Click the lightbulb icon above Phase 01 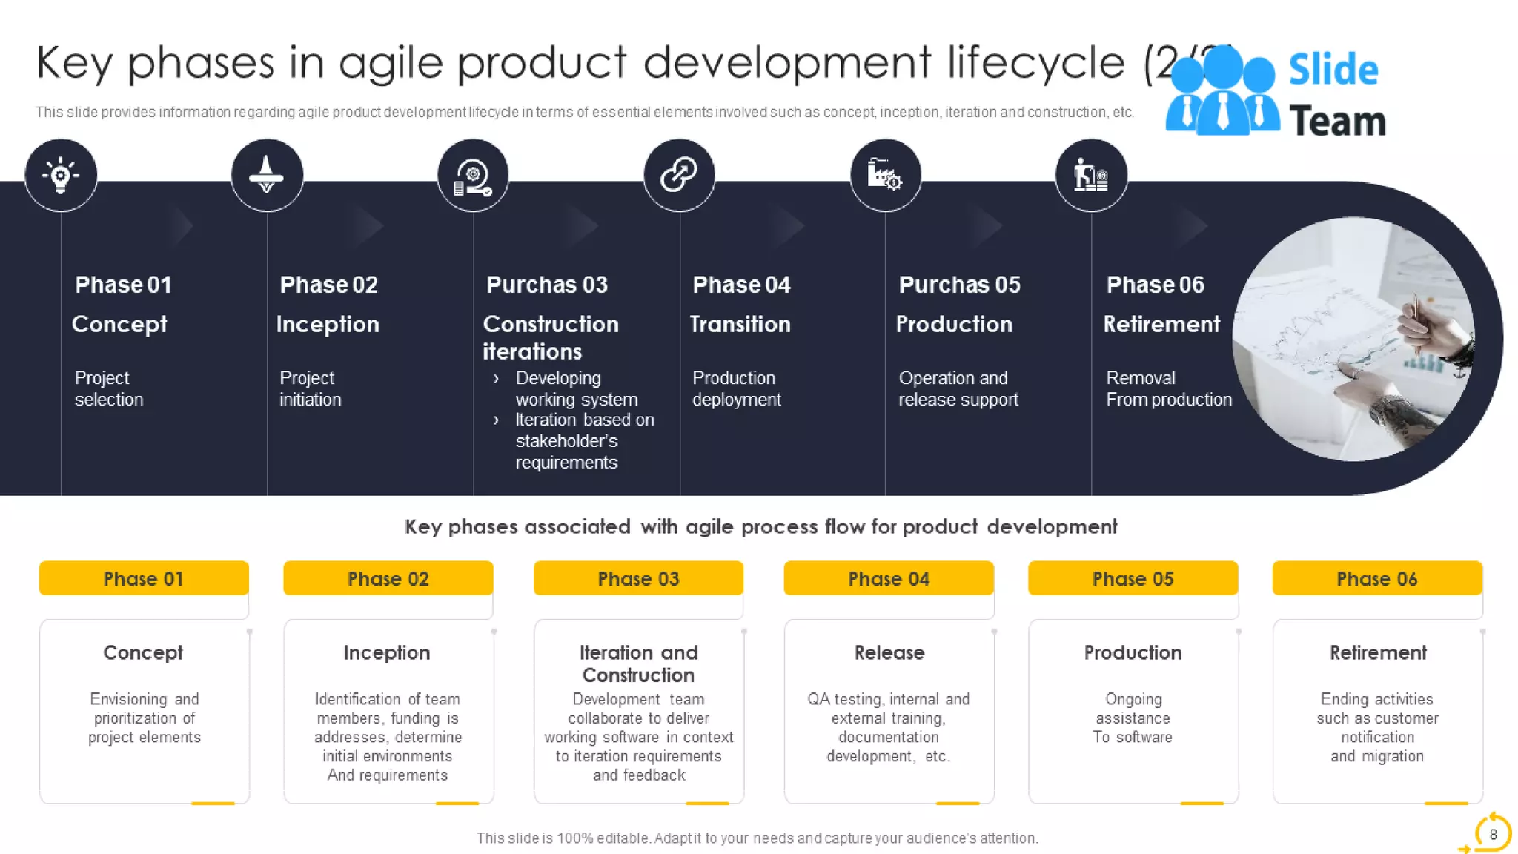pos(61,176)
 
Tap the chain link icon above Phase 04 pos(679,176)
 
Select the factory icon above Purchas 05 pos(885,176)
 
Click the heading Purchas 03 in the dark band pos(546,285)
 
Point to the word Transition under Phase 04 pos(740,324)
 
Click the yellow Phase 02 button pos(388,578)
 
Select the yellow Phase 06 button pos(1376,578)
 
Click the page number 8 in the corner pos(1493,834)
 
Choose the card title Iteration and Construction pos(638,663)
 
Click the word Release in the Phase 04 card pos(889,652)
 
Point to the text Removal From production pos(1168,388)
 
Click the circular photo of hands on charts pos(1353,339)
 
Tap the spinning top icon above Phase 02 pos(267,176)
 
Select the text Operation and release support pos(958,388)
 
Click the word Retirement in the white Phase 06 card pos(1377,652)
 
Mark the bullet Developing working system pos(576,388)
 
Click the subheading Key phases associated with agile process pos(760,526)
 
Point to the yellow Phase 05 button pos(1133,578)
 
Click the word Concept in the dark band pos(119,324)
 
